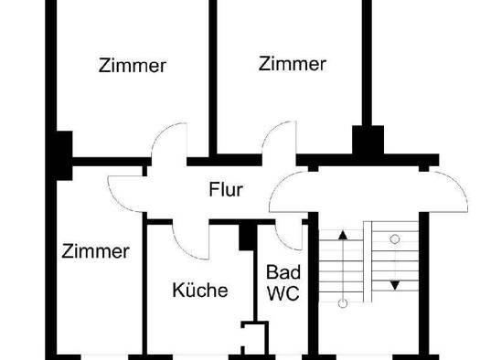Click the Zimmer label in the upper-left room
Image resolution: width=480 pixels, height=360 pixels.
click(132, 66)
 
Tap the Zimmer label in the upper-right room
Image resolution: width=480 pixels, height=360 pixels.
click(292, 64)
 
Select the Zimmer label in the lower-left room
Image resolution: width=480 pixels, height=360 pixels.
click(95, 251)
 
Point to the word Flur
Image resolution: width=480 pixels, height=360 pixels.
click(225, 191)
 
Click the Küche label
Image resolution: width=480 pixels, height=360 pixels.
click(200, 291)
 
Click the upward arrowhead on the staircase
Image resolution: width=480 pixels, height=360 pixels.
click(343, 236)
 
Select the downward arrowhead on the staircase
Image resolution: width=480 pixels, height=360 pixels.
click(395, 285)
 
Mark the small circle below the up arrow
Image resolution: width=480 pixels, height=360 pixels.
click(343, 302)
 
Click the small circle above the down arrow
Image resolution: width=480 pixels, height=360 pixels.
click(395, 239)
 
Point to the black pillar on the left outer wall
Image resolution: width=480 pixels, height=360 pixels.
click(62, 151)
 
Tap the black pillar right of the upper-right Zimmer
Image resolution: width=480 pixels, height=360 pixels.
click(369, 141)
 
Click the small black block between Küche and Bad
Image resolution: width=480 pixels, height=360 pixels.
click(246, 235)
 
